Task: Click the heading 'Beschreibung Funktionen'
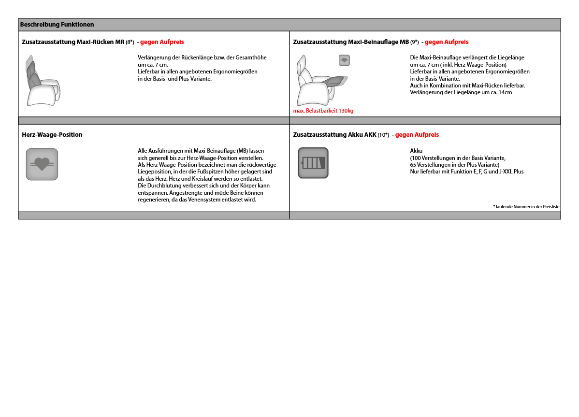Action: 57,25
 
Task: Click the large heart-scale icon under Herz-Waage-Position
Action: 42,164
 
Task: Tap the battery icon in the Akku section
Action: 313,163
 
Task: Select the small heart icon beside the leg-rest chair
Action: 344,60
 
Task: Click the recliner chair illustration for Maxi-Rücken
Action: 43,82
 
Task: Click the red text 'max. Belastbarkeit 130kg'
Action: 323,111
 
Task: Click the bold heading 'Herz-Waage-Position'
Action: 52,135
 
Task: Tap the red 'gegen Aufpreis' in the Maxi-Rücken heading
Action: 162,42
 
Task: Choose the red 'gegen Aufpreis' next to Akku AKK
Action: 417,135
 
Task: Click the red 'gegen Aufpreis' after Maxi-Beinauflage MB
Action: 447,42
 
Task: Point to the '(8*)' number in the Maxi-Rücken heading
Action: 130,42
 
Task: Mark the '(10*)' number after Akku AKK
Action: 383,135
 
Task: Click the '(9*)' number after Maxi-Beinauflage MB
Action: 415,42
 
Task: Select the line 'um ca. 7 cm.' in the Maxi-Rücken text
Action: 153,64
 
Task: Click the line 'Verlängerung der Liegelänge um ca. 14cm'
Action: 461,92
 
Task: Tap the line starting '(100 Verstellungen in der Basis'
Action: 458,158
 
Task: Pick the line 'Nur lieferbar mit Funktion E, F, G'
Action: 466,172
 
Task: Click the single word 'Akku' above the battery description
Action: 416,151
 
